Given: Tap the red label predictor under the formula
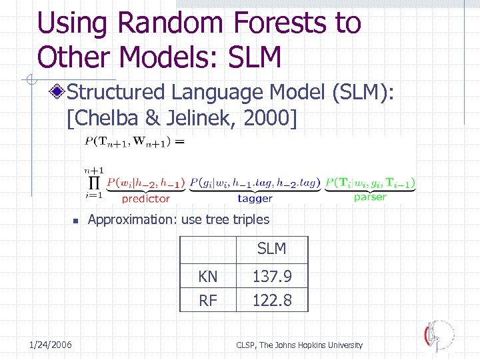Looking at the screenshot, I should coord(146,198).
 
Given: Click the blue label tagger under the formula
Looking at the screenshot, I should coord(255,198).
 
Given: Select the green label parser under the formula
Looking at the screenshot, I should coord(370,197).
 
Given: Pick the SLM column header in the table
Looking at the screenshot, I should coord(271,249).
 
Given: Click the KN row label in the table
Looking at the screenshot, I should coord(208,276).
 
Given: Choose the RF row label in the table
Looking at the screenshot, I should coord(208,301).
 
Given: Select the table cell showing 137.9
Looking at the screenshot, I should coord(272,276).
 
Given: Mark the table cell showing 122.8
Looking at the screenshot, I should coord(272,301).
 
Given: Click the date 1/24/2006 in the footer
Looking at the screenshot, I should coord(51,344).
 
